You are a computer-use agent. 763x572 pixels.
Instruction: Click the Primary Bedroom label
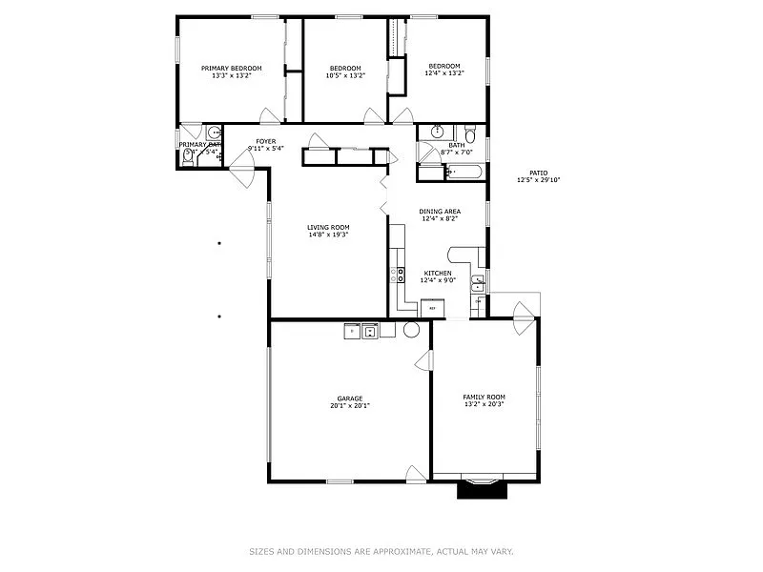pyautogui.click(x=231, y=68)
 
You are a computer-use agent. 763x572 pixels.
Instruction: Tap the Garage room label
pyautogui.click(x=349, y=398)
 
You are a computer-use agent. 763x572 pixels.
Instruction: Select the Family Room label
pyautogui.click(x=484, y=397)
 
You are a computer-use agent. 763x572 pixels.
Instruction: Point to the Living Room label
pyautogui.click(x=327, y=227)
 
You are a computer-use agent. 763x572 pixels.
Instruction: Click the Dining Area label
pyautogui.click(x=440, y=211)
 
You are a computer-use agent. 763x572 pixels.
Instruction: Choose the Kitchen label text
pyautogui.click(x=439, y=273)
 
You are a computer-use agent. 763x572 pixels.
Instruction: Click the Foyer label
pyautogui.click(x=265, y=141)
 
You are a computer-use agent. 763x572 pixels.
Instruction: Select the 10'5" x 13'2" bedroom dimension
pyautogui.click(x=345, y=74)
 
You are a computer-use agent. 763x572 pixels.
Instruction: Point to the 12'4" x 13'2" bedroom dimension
pyautogui.click(x=443, y=73)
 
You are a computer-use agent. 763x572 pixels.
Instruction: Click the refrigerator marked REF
pyautogui.click(x=432, y=307)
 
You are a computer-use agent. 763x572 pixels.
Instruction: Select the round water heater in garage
pyautogui.click(x=412, y=329)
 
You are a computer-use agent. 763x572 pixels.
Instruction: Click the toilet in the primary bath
pyautogui.click(x=189, y=160)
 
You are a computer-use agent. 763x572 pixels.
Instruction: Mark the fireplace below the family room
pyautogui.click(x=478, y=488)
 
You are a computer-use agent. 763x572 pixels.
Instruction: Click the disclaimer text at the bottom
pyautogui.click(x=381, y=551)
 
